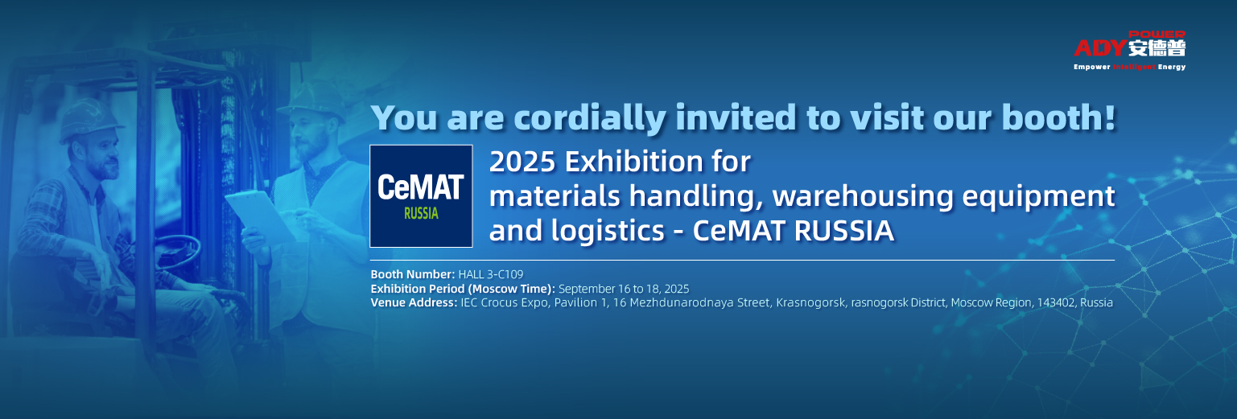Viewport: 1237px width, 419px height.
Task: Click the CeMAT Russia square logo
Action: click(421, 196)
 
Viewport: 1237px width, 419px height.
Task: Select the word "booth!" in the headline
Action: click(1058, 117)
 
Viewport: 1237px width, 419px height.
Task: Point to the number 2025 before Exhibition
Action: click(522, 162)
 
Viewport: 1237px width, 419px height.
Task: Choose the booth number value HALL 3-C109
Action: click(490, 274)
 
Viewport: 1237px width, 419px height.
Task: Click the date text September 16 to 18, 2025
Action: click(624, 289)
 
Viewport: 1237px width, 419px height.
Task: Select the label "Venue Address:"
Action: click(414, 302)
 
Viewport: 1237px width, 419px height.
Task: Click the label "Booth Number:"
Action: click(413, 274)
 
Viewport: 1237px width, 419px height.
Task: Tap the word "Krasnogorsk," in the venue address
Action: click(810, 303)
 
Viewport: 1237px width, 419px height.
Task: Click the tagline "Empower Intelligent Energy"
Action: click(1129, 67)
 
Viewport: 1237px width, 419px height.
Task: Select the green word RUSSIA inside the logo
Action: click(421, 213)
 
